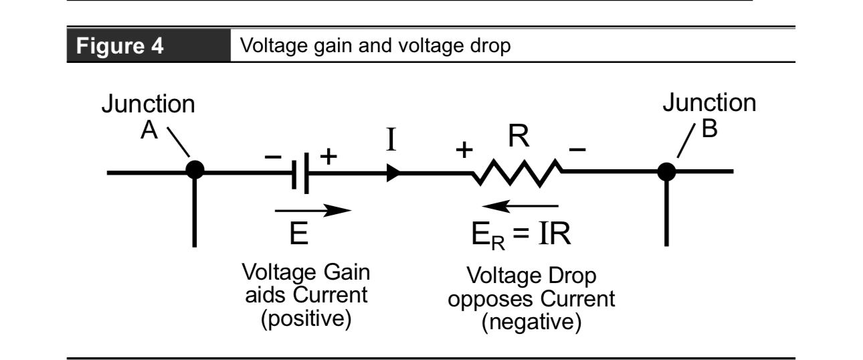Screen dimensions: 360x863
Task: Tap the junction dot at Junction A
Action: click(x=194, y=171)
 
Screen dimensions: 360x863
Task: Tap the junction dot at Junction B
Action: click(x=666, y=171)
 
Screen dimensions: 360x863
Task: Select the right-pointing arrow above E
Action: click(x=312, y=211)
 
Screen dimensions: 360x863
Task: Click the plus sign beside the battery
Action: click(x=327, y=157)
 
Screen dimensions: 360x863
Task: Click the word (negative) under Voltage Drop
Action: click(x=531, y=324)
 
